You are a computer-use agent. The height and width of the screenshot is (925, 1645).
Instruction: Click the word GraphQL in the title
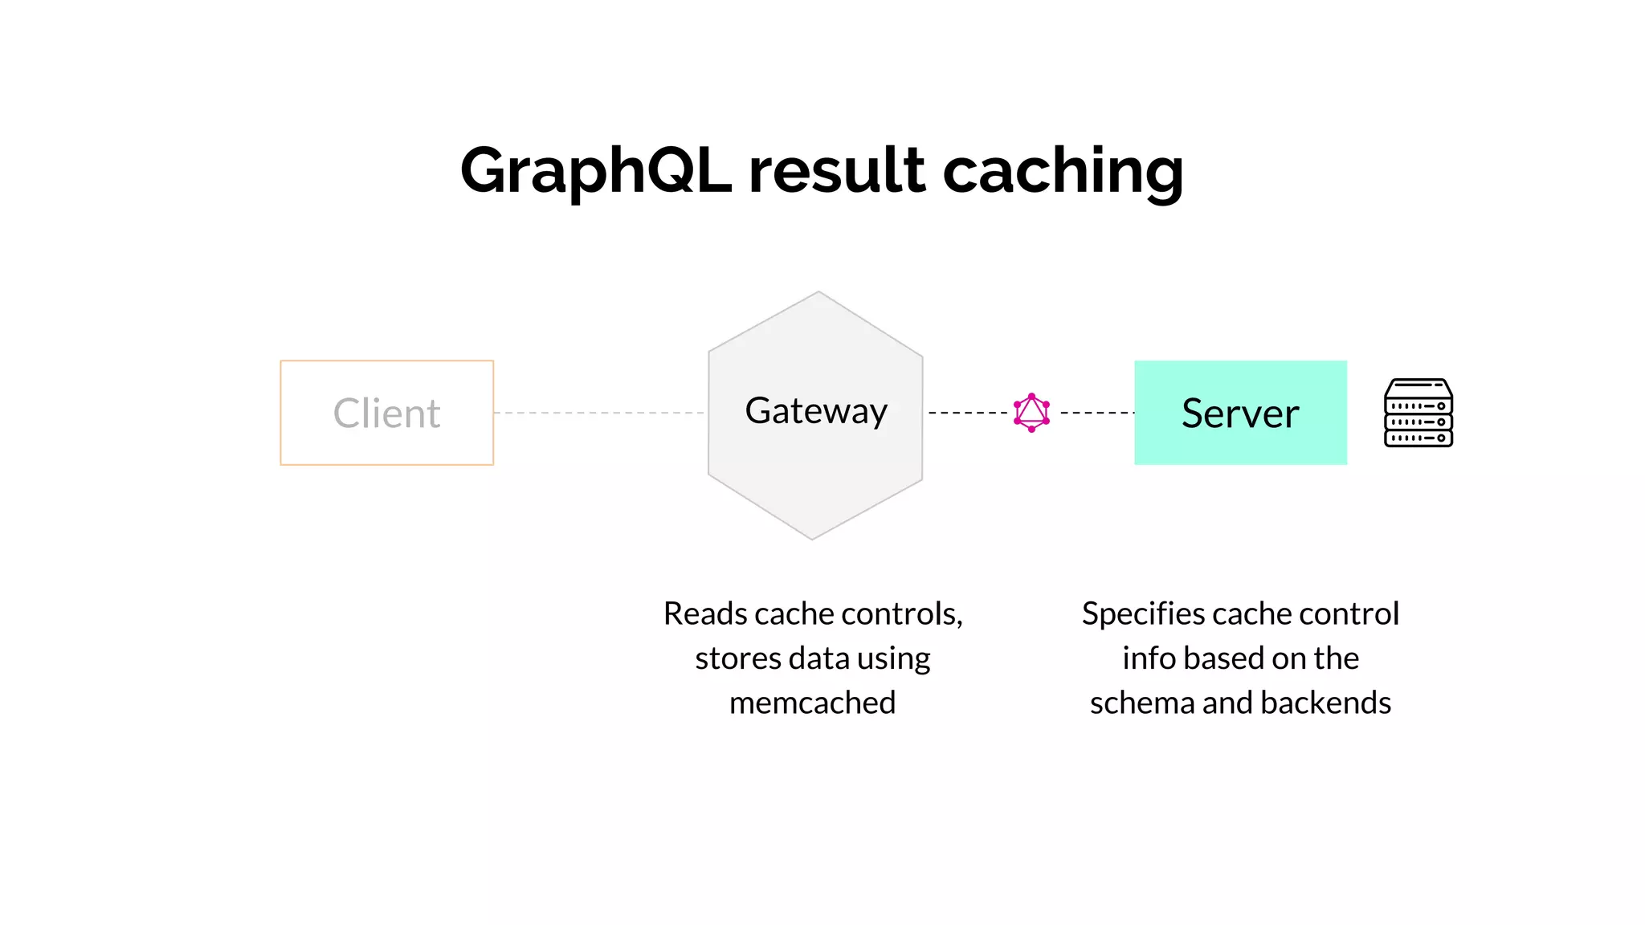[x=595, y=171]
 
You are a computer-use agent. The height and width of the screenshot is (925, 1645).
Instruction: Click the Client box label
[x=386, y=414]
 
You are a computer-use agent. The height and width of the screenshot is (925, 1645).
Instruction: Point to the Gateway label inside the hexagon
[x=816, y=411]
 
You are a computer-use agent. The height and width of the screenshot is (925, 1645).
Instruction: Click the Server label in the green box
[x=1240, y=414]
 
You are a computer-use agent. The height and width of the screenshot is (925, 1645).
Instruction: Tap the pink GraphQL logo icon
[x=1031, y=413]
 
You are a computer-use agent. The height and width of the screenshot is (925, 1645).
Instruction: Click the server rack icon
[x=1418, y=413]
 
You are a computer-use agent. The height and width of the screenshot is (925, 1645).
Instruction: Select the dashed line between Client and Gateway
[x=599, y=413]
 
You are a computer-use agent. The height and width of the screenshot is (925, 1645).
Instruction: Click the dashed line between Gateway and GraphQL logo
[x=967, y=413]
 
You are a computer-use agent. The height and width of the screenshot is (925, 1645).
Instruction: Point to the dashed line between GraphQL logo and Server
[x=1096, y=413]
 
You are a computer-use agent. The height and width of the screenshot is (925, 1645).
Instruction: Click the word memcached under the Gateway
[x=812, y=703]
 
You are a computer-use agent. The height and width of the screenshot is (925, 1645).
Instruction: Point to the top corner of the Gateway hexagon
[x=818, y=292]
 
